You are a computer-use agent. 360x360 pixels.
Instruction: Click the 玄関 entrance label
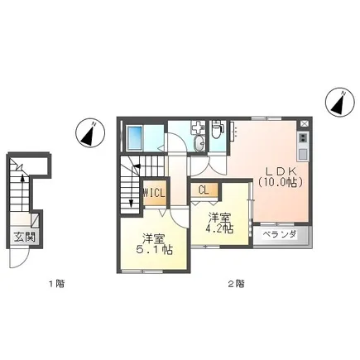(x=25, y=237)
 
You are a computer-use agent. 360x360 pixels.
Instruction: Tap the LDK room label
(x=281, y=171)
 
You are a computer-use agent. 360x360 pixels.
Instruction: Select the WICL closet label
(x=154, y=193)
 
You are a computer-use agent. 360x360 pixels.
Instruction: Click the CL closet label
(x=204, y=190)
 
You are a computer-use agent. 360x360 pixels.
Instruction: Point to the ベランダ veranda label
(x=279, y=234)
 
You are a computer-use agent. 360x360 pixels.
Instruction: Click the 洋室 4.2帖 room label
(x=219, y=223)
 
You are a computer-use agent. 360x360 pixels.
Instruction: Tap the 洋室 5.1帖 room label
(x=155, y=244)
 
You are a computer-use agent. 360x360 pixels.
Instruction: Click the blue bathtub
(x=134, y=138)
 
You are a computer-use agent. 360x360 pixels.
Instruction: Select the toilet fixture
(x=217, y=129)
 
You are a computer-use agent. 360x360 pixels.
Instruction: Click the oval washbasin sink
(x=199, y=143)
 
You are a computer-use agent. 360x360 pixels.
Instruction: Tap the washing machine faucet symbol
(x=198, y=127)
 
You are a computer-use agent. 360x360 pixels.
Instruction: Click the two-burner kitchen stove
(x=303, y=137)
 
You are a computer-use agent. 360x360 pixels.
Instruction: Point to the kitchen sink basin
(x=303, y=154)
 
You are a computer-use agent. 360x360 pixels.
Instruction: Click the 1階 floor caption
(x=57, y=284)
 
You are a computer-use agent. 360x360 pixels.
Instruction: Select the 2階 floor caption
(x=236, y=284)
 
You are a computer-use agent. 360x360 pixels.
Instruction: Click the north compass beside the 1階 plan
(x=90, y=133)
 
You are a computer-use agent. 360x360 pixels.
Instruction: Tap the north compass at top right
(x=339, y=102)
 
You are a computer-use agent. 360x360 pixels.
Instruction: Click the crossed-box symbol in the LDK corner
(x=304, y=124)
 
